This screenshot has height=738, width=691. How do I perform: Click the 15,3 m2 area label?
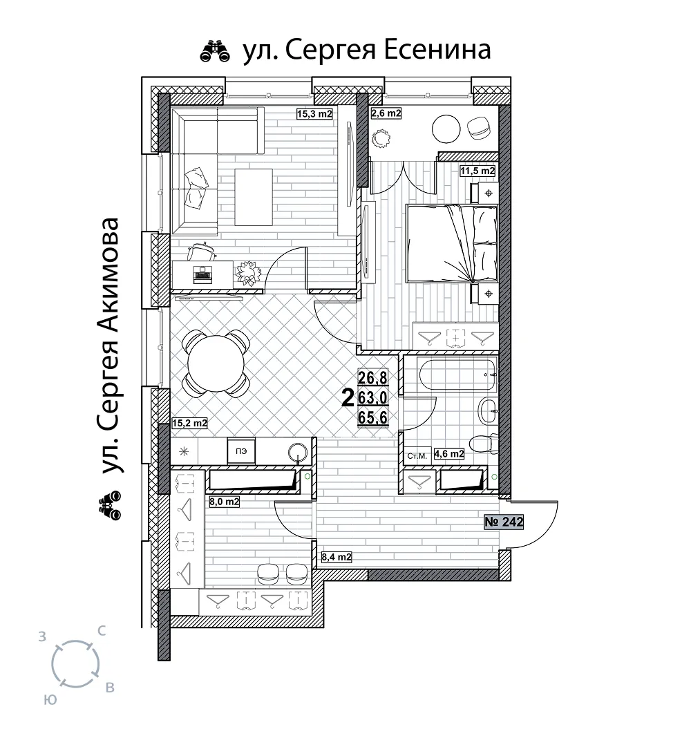(314, 113)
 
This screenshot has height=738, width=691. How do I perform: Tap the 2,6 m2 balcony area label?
(386, 113)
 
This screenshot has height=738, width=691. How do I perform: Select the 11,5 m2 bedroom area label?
(477, 171)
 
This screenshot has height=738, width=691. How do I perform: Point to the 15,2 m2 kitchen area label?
(189, 423)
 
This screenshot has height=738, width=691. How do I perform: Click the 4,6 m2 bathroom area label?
(449, 454)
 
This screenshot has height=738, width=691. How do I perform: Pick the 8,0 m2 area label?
(224, 502)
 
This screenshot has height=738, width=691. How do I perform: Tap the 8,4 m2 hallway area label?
(337, 557)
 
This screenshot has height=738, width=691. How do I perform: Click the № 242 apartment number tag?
(504, 522)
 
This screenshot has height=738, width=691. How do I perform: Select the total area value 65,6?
(373, 417)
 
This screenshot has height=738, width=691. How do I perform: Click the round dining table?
(216, 363)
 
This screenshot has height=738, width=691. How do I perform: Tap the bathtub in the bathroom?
(457, 374)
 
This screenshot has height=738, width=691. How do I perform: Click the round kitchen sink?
(298, 453)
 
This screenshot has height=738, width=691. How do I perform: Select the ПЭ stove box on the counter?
(241, 451)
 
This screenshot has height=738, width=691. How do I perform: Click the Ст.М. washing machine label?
(417, 456)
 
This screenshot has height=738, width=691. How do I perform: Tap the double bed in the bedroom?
(451, 244)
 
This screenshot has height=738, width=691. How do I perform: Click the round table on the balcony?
(446, 129)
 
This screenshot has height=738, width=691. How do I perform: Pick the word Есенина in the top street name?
(437, 50)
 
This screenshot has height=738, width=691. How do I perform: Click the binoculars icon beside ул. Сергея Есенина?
(215, 51)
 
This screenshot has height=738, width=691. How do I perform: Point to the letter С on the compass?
(101, 631)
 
